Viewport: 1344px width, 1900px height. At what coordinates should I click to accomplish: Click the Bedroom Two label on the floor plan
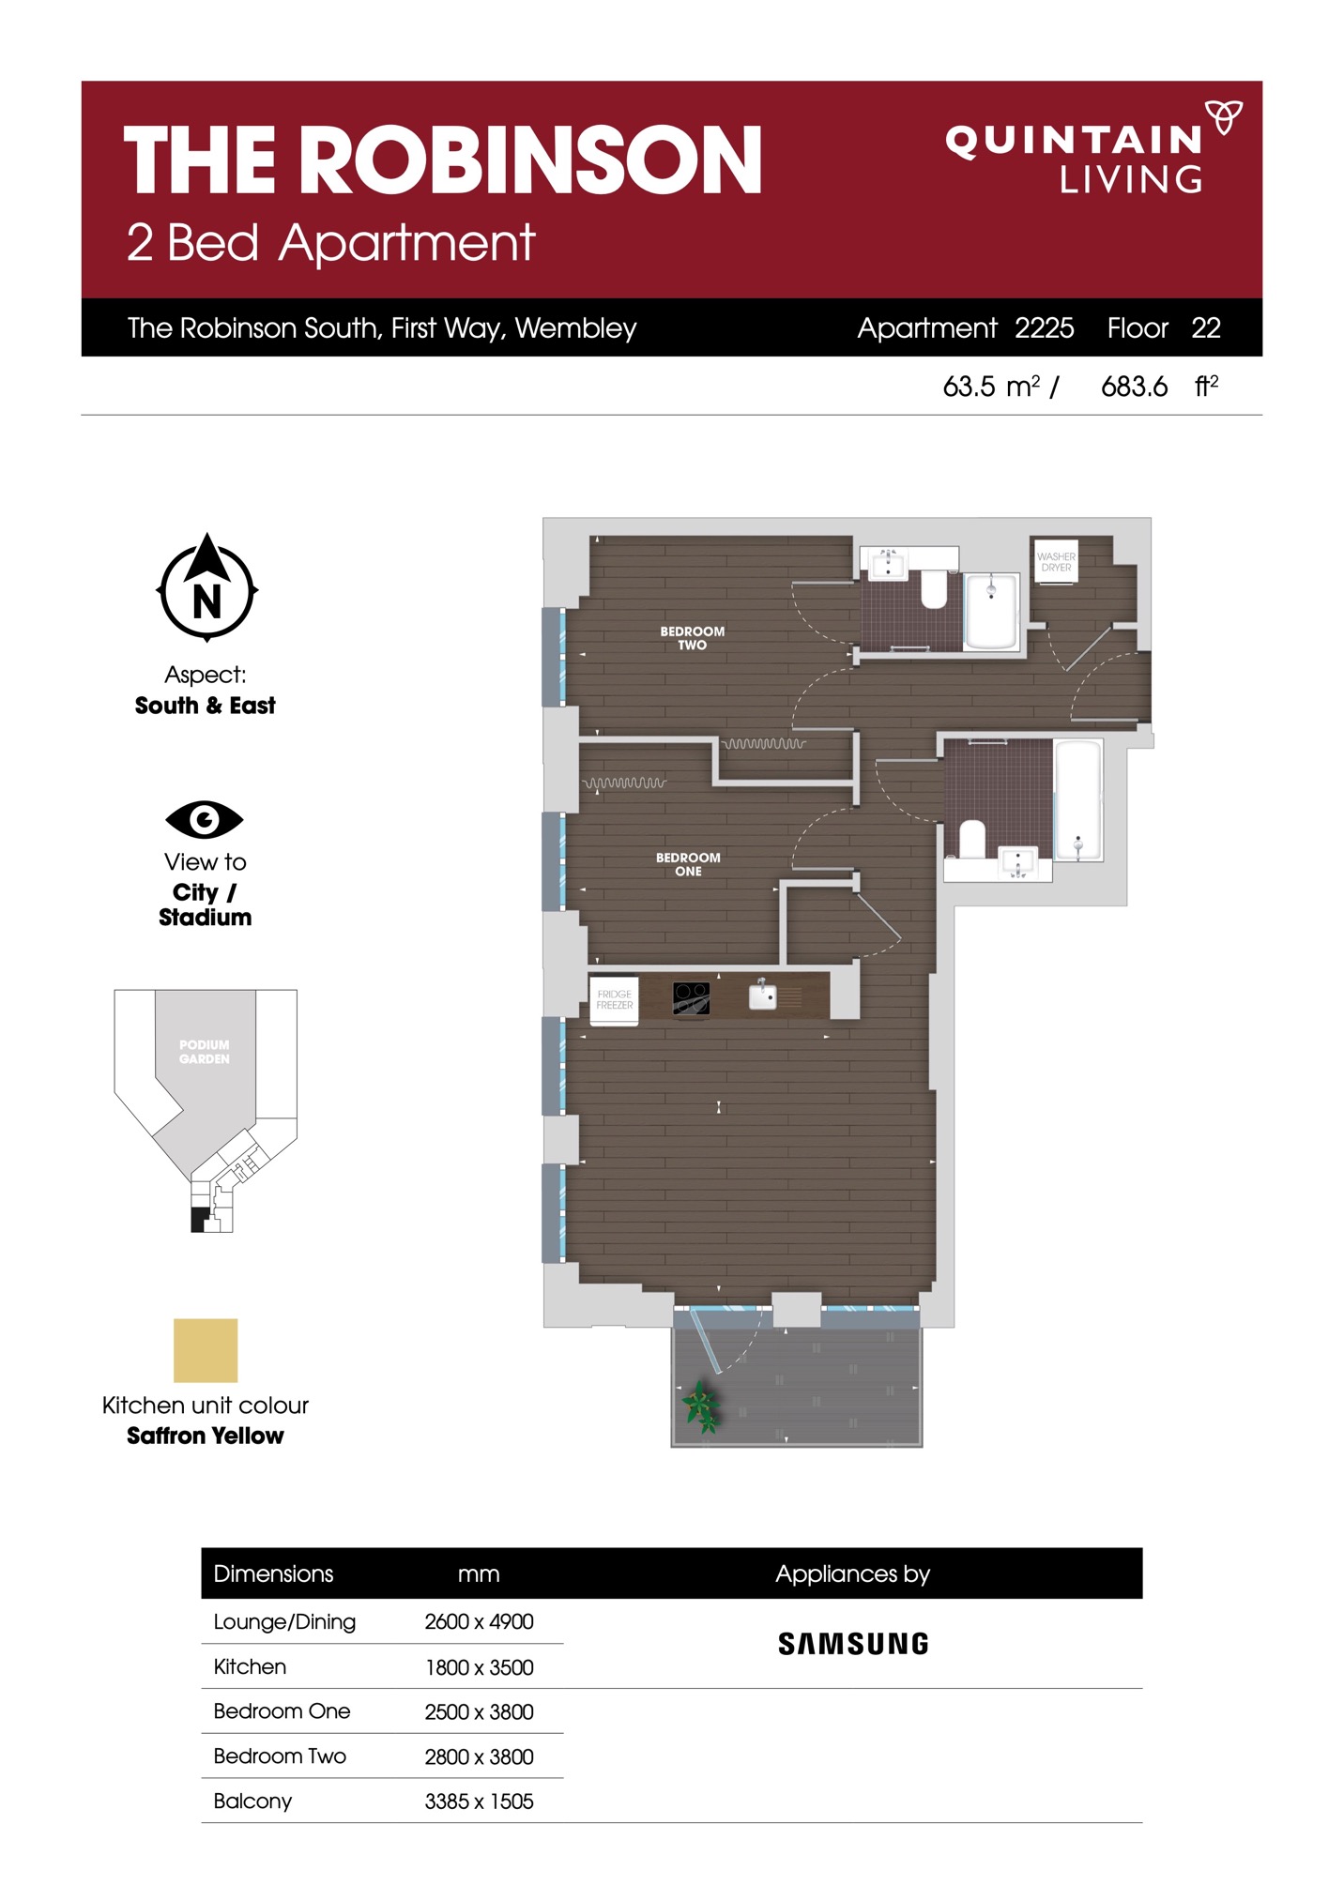click(x=692, y=638)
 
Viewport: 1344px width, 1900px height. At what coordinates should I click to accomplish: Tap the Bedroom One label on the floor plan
click(x=688, y=864)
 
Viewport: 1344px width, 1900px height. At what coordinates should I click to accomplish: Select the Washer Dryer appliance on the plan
click(x=1055, y=561)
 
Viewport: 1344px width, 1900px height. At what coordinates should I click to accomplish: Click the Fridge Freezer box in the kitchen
click(x=614, y=1000)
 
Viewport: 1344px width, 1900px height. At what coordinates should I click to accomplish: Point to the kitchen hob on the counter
click(x=691, y=998)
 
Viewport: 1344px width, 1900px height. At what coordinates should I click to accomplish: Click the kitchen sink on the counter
click(x=762, y=995)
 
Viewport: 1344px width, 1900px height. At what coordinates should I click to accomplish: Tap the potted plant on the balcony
click(x=701, y=1406)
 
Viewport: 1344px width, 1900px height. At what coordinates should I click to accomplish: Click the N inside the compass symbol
click(x=206, y=601)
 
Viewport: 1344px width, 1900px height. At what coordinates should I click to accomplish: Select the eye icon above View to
click(x=204, y=819)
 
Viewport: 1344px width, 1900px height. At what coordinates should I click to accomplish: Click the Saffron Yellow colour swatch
click(x=206, y=1350)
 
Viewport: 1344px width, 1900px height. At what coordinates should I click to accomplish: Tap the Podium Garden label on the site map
click(x=204, y=1052)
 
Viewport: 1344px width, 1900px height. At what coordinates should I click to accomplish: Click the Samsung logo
click(x=853, y=1644)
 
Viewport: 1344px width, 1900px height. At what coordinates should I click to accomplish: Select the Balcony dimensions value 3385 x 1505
click(x=479, y=1801)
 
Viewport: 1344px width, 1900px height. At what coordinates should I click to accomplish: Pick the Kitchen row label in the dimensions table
click(x=250, y=1666)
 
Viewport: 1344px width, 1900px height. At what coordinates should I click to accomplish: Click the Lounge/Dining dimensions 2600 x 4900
click(x=479, y=1621)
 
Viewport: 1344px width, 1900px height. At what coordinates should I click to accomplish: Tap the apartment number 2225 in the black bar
click(x=1044, y=327)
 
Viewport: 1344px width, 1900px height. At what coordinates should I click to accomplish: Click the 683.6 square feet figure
click(x=1134, y=387)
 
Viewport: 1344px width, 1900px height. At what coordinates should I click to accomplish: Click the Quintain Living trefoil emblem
click(x=1224, y=116)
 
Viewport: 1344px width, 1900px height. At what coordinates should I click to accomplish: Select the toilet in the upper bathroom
click(x=933, y=589)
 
